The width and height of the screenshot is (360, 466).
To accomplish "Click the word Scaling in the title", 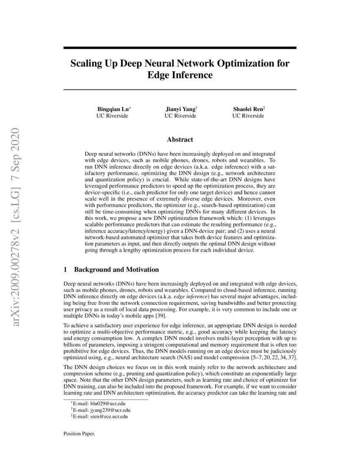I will (86, 64).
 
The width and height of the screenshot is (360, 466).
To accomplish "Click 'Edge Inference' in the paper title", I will (180, 75).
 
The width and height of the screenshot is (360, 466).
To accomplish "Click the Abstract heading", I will (180, 139).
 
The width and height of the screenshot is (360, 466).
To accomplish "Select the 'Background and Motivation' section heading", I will (116, 269).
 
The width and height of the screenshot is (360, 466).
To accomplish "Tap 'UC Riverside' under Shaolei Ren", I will (248, 116).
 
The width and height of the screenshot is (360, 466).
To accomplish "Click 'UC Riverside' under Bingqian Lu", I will (113, 116).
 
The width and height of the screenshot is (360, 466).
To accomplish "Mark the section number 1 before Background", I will (65, 269).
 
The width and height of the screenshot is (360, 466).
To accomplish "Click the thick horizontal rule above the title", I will (180, 48).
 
